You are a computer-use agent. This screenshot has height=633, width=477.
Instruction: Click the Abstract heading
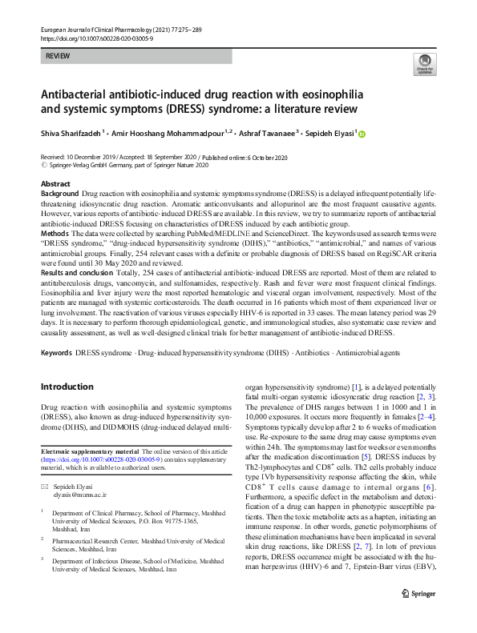[x=55, y=184]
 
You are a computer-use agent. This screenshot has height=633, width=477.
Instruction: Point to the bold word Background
[x=59, y=194]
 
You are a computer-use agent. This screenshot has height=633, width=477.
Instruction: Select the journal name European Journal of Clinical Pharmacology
[x=100, y=29]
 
